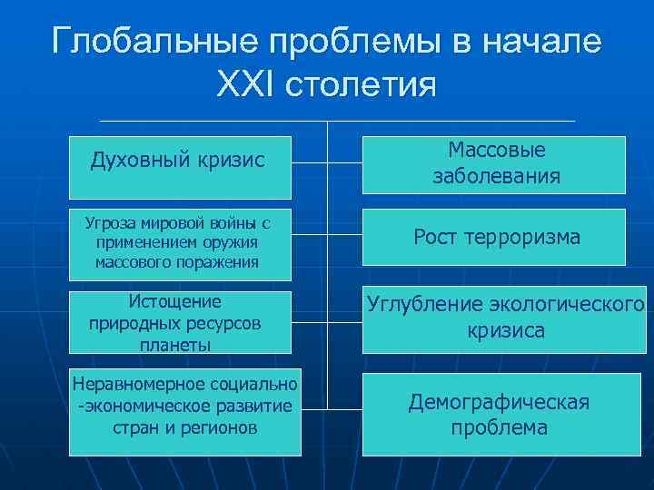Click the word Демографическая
(499, 401)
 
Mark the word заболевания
(496, 176)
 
